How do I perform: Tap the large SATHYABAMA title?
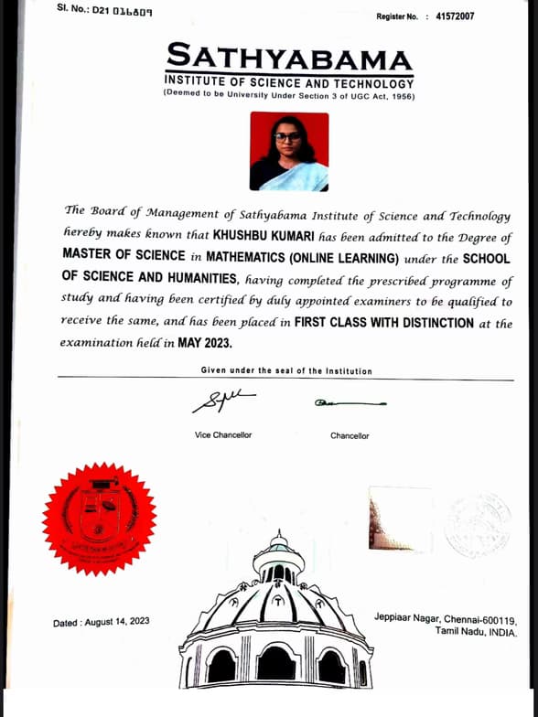tap(289, 59)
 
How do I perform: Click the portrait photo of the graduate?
tap(288, 151)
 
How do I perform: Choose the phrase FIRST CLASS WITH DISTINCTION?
tap(389, 322)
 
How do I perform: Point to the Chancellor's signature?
tap(350, 402)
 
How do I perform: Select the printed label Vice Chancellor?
tap(223, 435)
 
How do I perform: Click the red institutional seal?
tap(100, 518)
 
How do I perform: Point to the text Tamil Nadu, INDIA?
tap(476, 632)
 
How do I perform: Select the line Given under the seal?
tap(286, 370)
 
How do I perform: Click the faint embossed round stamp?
tap(478, 524)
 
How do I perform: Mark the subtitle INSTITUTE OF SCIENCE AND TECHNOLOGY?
tap(289, 83)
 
